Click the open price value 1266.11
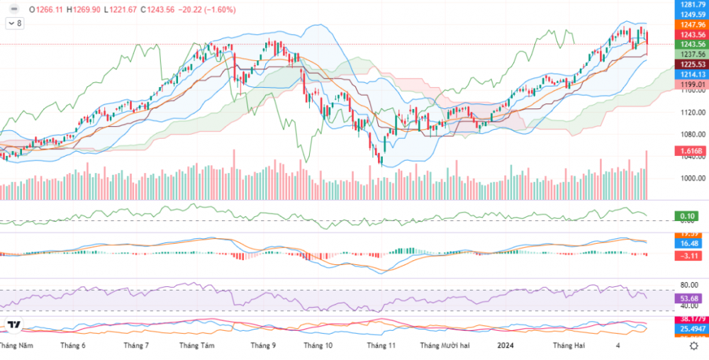point(51,10)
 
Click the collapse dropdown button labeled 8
point(14,23)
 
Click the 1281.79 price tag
point(692,5)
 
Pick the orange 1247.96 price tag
point(692,24)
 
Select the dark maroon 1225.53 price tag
point(692,64)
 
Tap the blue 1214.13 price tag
point(692,74)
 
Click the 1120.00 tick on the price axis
point(691,112)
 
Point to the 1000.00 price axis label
point(691,179)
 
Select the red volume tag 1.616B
point(691,152)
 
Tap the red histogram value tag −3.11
point(688,255)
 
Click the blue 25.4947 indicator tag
point(691,330)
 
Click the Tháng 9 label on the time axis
point(262,346)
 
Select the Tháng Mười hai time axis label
point(445,346)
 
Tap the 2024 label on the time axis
point(506,346)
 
